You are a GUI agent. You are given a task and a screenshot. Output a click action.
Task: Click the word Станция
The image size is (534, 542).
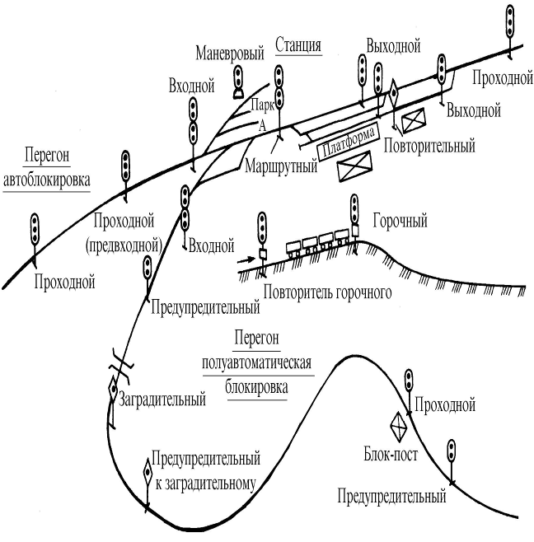298,45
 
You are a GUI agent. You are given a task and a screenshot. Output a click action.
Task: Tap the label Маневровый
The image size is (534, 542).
230,54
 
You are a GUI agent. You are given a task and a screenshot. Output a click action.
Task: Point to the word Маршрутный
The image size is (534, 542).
281,166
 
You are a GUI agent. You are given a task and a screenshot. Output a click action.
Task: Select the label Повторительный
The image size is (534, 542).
429,146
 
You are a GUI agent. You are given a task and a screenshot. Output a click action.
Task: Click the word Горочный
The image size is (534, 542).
400,221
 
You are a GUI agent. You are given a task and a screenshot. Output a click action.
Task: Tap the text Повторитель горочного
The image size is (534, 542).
327,292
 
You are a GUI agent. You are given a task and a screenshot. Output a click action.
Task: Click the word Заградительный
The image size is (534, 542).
162,399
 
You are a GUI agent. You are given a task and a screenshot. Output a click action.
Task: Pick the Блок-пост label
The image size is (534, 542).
391,454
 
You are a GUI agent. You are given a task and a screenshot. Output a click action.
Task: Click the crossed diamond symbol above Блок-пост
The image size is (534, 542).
399,427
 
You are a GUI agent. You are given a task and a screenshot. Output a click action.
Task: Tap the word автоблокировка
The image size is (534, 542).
47,180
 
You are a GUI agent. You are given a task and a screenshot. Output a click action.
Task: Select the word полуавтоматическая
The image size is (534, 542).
256,363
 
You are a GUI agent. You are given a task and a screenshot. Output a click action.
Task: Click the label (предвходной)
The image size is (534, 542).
124,246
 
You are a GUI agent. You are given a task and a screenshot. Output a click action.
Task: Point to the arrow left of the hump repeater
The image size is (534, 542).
246,260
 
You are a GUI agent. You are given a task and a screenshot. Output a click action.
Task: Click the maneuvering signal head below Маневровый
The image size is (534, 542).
238,82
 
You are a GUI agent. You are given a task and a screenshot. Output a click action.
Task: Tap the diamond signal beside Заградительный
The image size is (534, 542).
113,390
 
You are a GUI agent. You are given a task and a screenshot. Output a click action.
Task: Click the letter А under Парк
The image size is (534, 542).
263,126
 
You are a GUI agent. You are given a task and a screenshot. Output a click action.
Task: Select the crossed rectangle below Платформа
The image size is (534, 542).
354,166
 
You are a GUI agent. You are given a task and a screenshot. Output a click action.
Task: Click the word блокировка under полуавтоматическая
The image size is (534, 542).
256,387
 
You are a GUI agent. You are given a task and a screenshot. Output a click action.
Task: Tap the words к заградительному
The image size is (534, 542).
205,484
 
